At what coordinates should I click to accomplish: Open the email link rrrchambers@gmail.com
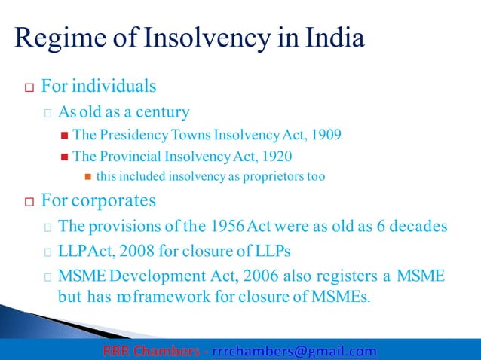tap(294, 351)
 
